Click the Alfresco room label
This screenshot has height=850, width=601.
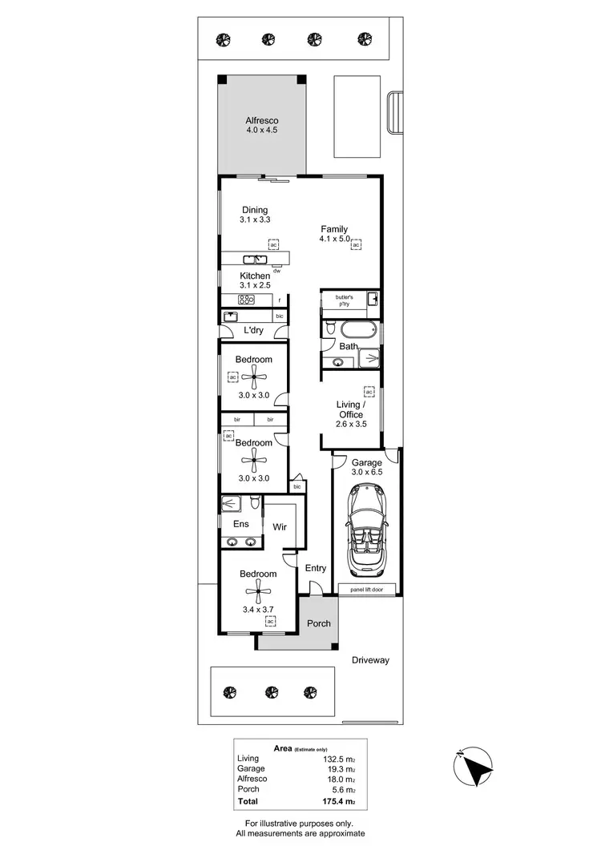click(260, 120)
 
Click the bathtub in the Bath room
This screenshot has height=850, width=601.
click(353, 329)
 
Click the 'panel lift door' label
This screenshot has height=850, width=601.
click(367, 590)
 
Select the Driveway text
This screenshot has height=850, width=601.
click(370, 660)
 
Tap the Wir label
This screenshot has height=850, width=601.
click(280, 528)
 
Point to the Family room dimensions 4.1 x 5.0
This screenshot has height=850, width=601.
click(335, 240)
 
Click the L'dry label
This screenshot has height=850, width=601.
click(253, 331)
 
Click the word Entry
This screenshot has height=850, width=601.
click(316, 568)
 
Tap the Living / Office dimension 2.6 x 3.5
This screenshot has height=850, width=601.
click(351, 424)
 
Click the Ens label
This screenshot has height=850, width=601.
click(241, 524)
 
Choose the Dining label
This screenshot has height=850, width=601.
click(255, 210)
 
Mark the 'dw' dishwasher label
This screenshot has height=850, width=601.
click(277, 272)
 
